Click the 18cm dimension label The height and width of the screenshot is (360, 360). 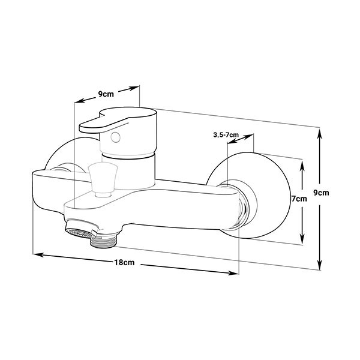pos(124,262)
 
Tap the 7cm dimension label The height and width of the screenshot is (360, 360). pos(299,199)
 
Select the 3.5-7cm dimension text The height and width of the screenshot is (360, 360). pos(226,135)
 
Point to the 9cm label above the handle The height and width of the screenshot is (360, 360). pos(106,94)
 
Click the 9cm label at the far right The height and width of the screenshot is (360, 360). pos(321,193)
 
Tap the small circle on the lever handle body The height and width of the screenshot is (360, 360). pos(115,137)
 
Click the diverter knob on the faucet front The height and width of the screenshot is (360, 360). pos(103,179)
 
